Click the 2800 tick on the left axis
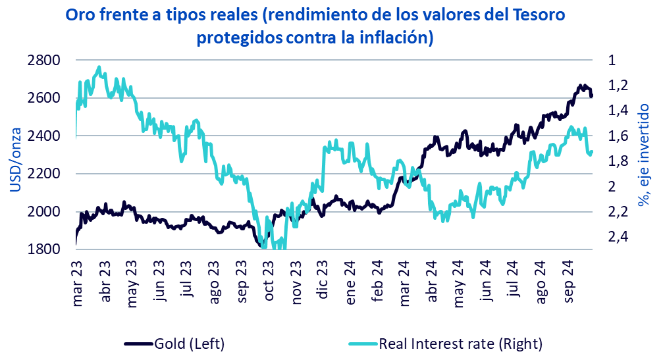[45, 61]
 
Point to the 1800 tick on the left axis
[45, 249]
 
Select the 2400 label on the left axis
[45, 136]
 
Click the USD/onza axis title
[16, 155]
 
